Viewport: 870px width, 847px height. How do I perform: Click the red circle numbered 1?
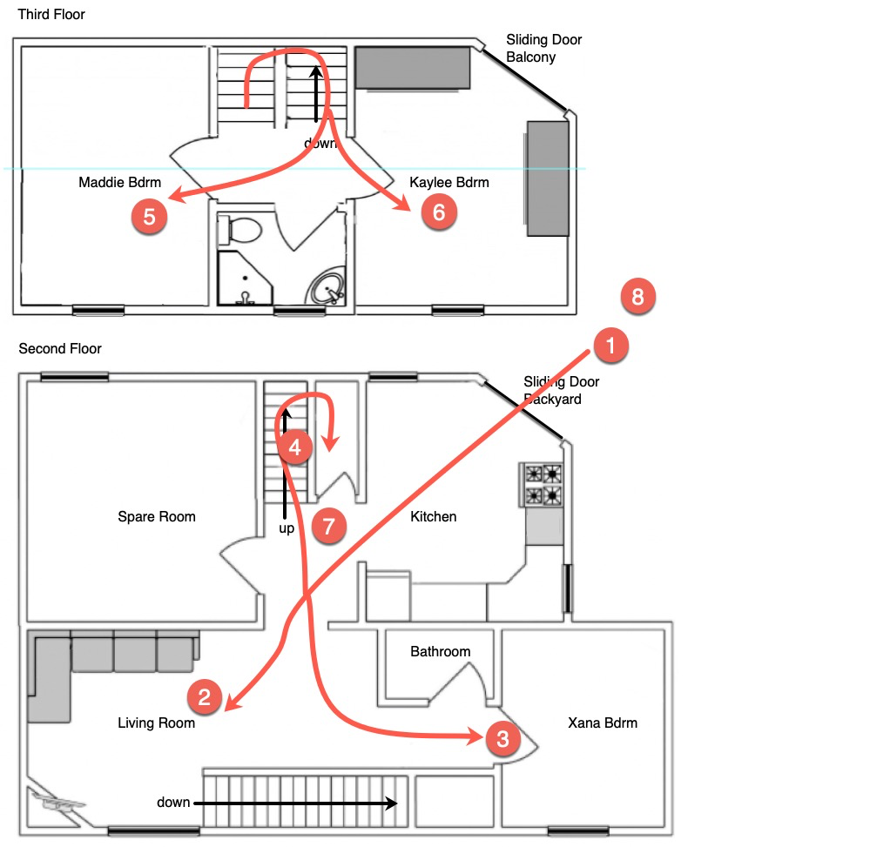pyautogui.click(x=610, y=346)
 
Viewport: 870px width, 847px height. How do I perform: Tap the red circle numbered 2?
pyautogui.click(x=205, y=696)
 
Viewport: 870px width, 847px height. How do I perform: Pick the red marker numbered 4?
pyautogui.click(x=295, y=447)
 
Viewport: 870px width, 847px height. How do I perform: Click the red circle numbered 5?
pyautogui.click(x=149, y=216)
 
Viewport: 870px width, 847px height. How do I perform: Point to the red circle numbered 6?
pyautogui.click(x=439, y=212)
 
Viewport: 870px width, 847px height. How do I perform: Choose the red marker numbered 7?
pyautogui.click(x=329, y=526)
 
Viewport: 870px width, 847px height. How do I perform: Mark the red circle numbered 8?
pyautogui.click(x=637, y=297)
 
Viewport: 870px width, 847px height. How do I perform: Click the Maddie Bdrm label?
pyautogui.click(x=120, y=183)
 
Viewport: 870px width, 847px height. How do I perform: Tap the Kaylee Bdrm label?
pyautogui.click(x=449, y=183)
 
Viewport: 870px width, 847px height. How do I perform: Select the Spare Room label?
pyautogui.click(x=157, y=517)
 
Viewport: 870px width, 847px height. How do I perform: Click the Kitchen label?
pyautogui.click(x=434, y=517)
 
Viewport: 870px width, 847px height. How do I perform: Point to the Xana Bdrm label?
pyautogui.click(x=603, y=723)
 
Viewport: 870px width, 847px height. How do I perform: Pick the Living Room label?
pyautogui.click(x=157, y=723)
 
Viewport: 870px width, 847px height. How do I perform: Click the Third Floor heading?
pyautogui.click(x=51, y=15)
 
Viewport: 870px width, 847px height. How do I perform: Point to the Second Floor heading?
pyautogui.click(x=60, y=349)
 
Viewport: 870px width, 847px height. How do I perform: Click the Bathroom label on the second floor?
pyautogui.click(x=441, y=651)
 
